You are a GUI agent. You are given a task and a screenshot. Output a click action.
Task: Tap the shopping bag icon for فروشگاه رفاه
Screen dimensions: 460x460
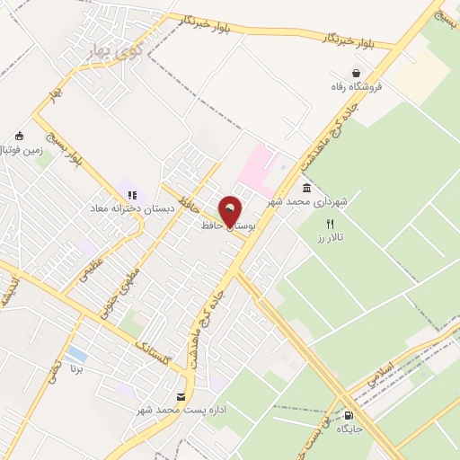point(357,74)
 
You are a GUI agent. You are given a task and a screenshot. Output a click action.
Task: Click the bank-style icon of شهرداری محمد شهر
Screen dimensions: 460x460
point(307,188)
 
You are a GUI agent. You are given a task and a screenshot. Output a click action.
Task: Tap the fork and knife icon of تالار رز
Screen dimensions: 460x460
point(330,224)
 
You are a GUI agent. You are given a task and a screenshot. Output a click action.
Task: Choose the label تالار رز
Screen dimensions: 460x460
point(331,238)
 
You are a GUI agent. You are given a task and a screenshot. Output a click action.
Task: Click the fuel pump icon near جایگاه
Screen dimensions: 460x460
point(348,415)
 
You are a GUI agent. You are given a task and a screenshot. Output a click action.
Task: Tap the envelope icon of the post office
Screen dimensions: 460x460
point(181,397)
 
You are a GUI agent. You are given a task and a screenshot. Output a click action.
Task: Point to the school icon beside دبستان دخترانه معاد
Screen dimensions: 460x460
point(132,194)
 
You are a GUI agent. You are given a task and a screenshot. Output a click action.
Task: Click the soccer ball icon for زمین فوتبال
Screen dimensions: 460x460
point(19,136)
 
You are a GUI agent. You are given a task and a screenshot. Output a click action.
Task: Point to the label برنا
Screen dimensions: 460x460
point(77,368)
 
